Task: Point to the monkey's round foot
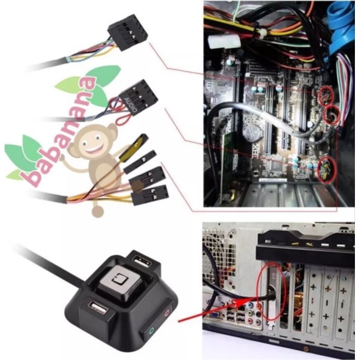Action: (97, 212)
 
